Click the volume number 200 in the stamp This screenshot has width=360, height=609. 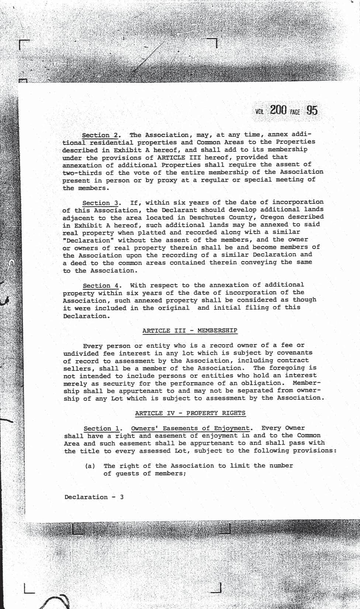[278, 110]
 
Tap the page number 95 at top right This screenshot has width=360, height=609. [312, 110]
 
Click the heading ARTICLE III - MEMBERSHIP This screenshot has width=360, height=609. [190, 330]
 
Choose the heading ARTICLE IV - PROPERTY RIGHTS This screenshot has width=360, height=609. [190, 413]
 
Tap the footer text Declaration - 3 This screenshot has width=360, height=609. [94, 497]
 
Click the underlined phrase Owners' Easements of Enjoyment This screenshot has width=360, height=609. [190, 428]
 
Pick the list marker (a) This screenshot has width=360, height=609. [90, 466]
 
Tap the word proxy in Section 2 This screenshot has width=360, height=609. [160, 180]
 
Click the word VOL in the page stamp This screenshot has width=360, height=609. [259, 112]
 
